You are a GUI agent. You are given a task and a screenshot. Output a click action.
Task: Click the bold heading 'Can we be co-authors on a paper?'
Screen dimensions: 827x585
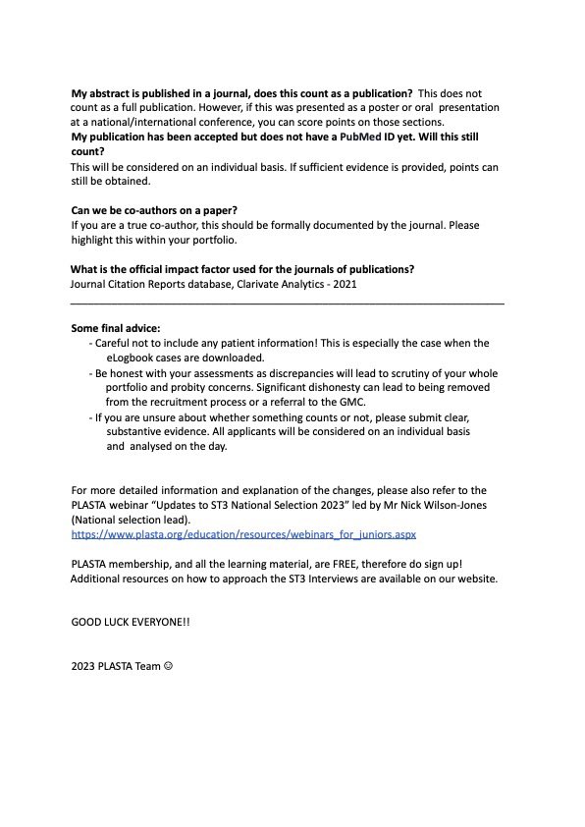[154, 210]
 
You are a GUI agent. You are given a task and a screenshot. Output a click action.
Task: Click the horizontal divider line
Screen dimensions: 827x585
[288, 303]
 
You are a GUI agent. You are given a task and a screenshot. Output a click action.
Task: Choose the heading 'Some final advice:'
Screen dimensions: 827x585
[116, 328]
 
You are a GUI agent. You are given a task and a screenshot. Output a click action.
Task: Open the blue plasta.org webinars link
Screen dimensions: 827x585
[244, 534]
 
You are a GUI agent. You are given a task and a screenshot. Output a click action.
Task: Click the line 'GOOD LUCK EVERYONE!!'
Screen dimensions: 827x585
[131, 623]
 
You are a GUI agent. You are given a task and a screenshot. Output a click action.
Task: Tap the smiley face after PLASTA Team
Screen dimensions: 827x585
[168, 667]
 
